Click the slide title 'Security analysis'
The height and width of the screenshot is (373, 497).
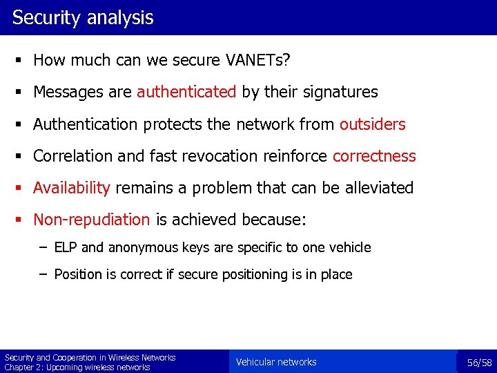click(x=83, y=17)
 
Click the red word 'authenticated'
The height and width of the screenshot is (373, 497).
click(x=186, y=92)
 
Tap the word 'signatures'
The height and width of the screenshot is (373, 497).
click(x=342, y=92)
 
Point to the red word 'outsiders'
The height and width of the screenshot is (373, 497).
click(x=372, y=124)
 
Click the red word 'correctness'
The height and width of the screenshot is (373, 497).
click(x=374, y=156)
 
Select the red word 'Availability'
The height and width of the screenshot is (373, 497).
click(x=72, y=188)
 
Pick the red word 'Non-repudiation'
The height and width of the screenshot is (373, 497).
click(x=92, y=220)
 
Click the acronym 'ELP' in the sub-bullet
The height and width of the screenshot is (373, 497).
click(x=66, y=247)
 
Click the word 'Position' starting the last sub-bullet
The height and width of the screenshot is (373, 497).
click(x=78, y=274)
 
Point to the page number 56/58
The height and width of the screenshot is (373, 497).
click(x=479, y=362)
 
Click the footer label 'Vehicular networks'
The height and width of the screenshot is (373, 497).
click(x=276, y=362)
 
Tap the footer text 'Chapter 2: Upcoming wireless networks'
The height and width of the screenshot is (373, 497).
click(x=77, y=367)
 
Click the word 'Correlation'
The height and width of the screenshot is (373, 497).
click(x=73, y=156)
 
